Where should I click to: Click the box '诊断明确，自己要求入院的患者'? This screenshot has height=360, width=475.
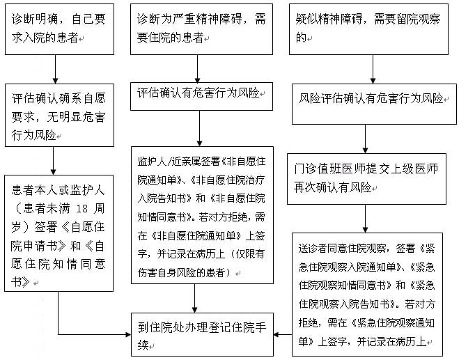coord(59,29)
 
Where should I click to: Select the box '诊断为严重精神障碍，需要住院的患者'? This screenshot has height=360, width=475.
coord(201,29)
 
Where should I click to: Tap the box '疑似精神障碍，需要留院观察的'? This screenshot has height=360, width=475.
coord(368,29)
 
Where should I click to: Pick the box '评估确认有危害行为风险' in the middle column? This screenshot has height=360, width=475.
coord(201,96)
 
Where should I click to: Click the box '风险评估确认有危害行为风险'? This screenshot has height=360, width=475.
coord(374,104)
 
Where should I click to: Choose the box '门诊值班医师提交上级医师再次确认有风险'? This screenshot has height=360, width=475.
coord(366,179)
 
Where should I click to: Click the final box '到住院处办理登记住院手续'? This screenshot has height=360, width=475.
coord(202,334)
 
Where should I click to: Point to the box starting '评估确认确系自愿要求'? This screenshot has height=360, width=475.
coord(59,116)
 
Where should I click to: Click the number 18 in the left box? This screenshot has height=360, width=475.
coord(81,209)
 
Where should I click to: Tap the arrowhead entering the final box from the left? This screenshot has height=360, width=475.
coord(128,334)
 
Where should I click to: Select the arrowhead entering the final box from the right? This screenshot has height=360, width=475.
coord(276,334)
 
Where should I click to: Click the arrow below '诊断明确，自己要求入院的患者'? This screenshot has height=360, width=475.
coord(55,70)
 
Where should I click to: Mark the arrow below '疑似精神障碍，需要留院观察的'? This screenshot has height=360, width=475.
coord(373,70)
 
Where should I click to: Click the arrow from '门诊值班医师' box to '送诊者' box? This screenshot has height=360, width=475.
coord(365,219)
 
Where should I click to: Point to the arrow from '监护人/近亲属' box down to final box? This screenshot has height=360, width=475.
coord(194,298)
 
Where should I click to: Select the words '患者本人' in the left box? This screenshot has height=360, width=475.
coord(34,190)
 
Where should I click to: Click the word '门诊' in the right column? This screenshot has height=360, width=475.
coord(305,169)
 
